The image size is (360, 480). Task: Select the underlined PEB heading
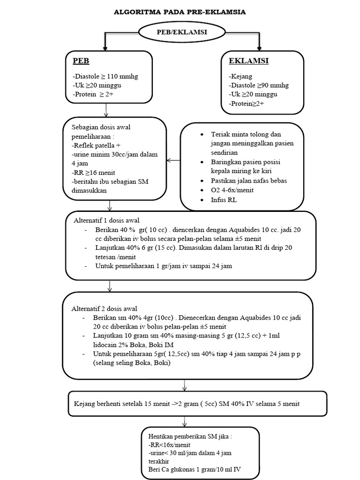coord(81,61)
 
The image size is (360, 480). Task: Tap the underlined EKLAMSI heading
coord(248,61)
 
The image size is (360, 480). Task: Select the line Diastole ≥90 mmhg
coord(259,85)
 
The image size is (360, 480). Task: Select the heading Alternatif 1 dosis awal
coord(106,220)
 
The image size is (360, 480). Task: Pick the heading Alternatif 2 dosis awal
coord(104,308)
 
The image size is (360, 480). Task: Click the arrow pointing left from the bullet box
coord(173,160)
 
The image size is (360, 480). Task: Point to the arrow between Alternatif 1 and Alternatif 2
coord(109,285)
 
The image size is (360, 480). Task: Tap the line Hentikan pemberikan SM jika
coord(190,435)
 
